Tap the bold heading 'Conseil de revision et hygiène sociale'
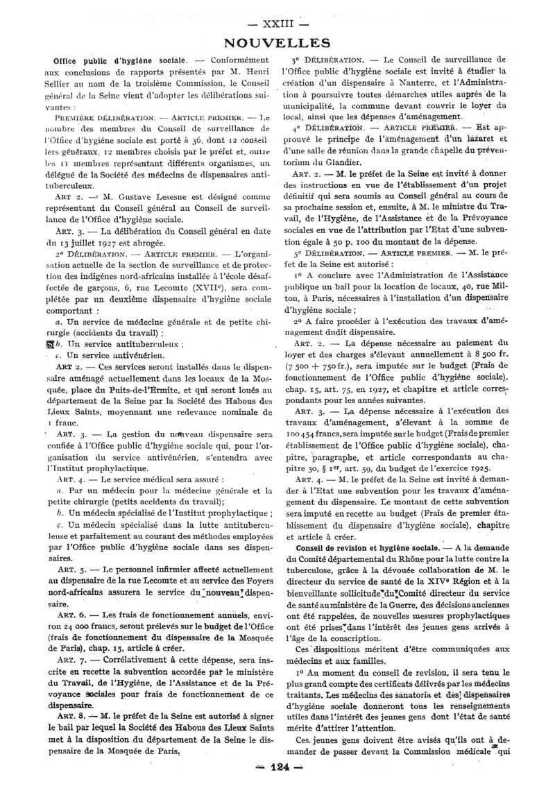click(x=366, y=546)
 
